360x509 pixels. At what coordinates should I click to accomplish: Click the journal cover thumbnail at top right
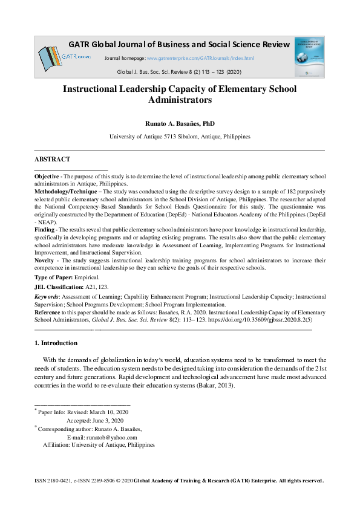[309, 56]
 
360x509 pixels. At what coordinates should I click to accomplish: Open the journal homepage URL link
[201, 58]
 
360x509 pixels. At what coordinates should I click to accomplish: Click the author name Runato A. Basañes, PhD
[180, 123]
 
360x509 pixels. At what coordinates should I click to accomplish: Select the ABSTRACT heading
[52, 160]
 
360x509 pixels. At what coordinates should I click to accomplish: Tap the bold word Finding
[45, 230]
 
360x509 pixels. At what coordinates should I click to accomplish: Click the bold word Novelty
[45, 261]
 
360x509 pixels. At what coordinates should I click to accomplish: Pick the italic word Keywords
[47, 297]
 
